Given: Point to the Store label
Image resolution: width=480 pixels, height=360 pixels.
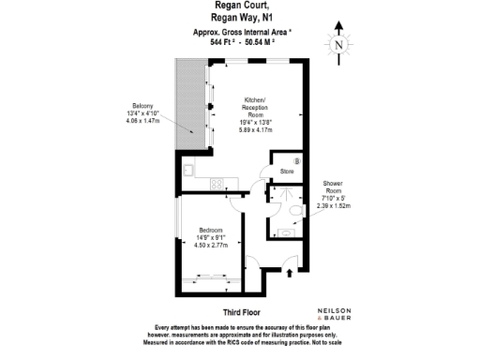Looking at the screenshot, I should [x=287, y=172].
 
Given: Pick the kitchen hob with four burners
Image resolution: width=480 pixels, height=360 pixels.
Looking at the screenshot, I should [x=217, y=182].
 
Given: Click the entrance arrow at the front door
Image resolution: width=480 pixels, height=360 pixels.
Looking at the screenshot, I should [x=288, y=273].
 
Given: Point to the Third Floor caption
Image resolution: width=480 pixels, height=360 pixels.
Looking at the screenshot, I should [x=240, y=311].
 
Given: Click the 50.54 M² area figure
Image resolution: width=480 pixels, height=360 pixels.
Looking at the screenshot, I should [x=267, y=43].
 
